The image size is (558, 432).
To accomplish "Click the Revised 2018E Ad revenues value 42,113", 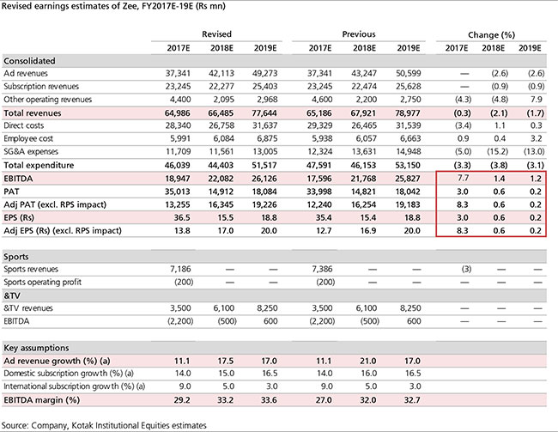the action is (x=221, y=73).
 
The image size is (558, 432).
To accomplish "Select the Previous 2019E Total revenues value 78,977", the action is (x=408, y=113).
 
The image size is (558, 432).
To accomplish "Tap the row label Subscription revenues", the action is (x=41, y=87).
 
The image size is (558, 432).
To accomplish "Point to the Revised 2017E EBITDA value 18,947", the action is (x=177, y=179).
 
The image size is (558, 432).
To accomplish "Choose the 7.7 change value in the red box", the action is (x=463, y=178).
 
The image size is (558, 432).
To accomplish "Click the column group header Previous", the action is (x=359, y=34).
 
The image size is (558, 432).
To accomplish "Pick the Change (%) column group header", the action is (x=491, y=35).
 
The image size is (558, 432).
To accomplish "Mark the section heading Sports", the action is (x=16, y=257).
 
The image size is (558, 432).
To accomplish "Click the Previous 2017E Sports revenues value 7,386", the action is (x=322, y=269).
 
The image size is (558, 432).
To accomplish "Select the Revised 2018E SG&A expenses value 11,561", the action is (x=221, y=152).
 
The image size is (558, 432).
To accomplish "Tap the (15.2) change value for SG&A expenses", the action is (x=498, y=152).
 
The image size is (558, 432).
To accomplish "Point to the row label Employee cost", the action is (x=28, y=138).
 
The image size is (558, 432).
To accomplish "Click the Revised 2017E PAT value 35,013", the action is (x=177, y=192).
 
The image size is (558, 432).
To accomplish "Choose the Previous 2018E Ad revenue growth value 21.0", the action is (x=368, y=361).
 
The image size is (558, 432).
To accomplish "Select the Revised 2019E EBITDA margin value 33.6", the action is (x=269, y=400).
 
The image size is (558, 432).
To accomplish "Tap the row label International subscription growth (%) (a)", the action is (x=75, y=386).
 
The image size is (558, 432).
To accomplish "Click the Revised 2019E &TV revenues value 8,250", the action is (x=267, y=308).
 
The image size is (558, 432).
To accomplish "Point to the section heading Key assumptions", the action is (x=36, y=348).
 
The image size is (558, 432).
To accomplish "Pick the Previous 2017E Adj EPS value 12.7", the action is (x=324, y=231).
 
